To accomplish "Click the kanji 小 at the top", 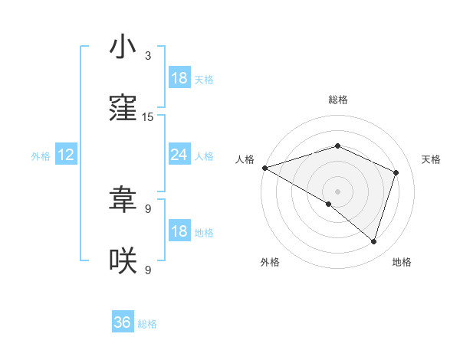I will (123, 47).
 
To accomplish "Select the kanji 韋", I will (123, 200).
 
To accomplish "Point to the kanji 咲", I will (123, 260).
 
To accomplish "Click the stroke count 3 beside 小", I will (148, 56).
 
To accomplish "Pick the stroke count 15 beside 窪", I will (148, 117).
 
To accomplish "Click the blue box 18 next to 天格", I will (179, 78).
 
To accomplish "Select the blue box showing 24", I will (179, 155).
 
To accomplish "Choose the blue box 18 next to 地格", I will (179, 232).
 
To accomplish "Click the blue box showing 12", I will (66, 155).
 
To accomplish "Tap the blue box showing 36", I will (123, 322).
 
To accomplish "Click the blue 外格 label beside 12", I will (41, 155).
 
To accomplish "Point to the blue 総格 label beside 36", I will (147, 324).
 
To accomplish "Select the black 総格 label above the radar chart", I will (337, 100).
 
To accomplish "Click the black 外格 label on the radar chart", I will (270, 263).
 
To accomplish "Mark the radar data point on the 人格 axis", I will (264, 168).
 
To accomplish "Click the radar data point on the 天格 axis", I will (396, 172).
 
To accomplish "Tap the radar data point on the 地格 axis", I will (373, 241).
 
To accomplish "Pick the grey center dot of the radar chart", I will (337, 191).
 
